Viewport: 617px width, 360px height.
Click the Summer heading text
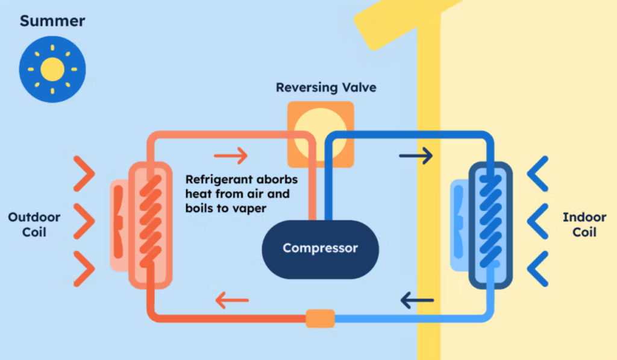(x=52, y=22)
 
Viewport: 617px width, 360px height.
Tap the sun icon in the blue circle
(x=52, y=69)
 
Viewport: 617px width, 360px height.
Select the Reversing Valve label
(x=326, y=87)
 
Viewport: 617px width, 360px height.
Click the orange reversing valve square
(x=320, y=134)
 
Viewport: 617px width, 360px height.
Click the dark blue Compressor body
(x=320, y=248)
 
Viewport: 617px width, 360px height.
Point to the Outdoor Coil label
(x=34, y=224)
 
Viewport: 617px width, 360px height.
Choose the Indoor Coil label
(x=584, y=224)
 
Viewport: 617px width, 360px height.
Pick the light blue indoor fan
(x=459, y=224)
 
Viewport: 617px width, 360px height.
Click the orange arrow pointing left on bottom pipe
(x=233, y=299)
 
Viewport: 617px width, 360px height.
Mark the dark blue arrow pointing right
(x=416, y=156)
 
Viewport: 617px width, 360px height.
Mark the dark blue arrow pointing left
(x=418, y=299)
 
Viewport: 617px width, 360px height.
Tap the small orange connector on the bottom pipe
(x=320, y=318)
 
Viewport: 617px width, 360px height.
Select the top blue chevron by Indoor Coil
(x=537, y=174)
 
